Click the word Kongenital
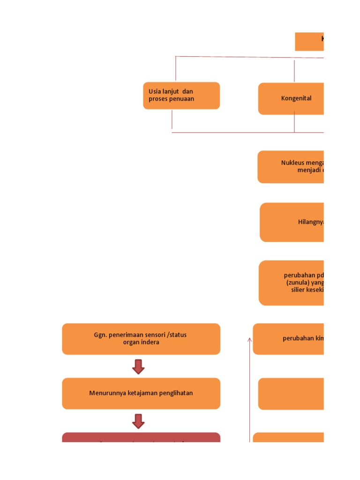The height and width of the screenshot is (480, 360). click(x=296, y=98)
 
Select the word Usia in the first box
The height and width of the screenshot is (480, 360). click(x=155, y=91)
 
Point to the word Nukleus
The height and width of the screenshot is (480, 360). click(x=292, y=163)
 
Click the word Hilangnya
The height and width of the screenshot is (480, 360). click(x=310, y=222)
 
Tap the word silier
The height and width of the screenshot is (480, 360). click(x=298, y=290)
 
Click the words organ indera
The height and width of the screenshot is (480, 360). click(x=141, y=342)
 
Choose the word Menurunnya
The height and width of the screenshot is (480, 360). click(x=107, y=393)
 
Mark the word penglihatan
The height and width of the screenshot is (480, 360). click(x=174, y=393)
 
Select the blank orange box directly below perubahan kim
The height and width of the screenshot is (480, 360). click(x=291, y=394)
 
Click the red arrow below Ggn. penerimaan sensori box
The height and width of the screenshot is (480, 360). click(x=138, y=367)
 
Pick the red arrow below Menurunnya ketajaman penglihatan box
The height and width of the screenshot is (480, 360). click(x=138, y=421)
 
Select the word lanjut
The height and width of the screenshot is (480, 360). click(x=171, y=91)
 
